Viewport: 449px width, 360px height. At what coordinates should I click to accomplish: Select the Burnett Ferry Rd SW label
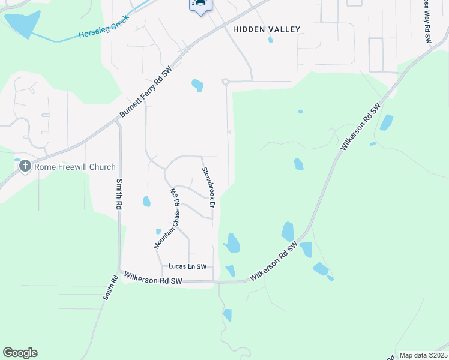pyautogui.click(x=146, y=92)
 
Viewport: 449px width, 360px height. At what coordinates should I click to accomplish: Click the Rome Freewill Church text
pyautogui.click(x=75, y=167)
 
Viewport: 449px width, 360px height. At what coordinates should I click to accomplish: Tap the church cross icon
pyautogui.click(x=25, y=166)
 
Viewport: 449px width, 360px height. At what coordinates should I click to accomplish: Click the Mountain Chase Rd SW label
pyautogui.click(x=167, y=218)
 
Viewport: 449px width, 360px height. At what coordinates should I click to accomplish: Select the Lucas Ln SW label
pyautogui.click(x=187, y=266)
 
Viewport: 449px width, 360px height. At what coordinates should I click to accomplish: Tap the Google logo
pyautogui.click(x=20, y=353)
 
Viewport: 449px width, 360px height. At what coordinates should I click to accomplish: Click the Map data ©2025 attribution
pyautogui.click(x=423, y=355)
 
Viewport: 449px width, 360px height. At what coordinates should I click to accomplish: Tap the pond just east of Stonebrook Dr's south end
pyautogui.click(x=232, y=243)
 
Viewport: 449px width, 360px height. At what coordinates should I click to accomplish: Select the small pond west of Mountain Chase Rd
pyautogui.click(x=146, y=202)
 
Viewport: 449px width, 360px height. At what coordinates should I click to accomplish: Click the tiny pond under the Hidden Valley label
pyautogui.click(x=270, y=40)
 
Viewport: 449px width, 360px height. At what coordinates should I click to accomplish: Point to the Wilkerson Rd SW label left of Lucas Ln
pyautogui.click(x=153, y=280)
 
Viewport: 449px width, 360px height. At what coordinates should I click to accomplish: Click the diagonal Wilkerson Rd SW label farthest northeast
pyautogui.click(x=360, y=126)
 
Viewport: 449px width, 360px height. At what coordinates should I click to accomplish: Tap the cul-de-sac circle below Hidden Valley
pyautogui.click(x=225, y=82)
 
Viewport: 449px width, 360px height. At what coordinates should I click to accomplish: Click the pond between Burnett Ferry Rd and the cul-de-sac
pyautogui.click(x=197, y=85)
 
